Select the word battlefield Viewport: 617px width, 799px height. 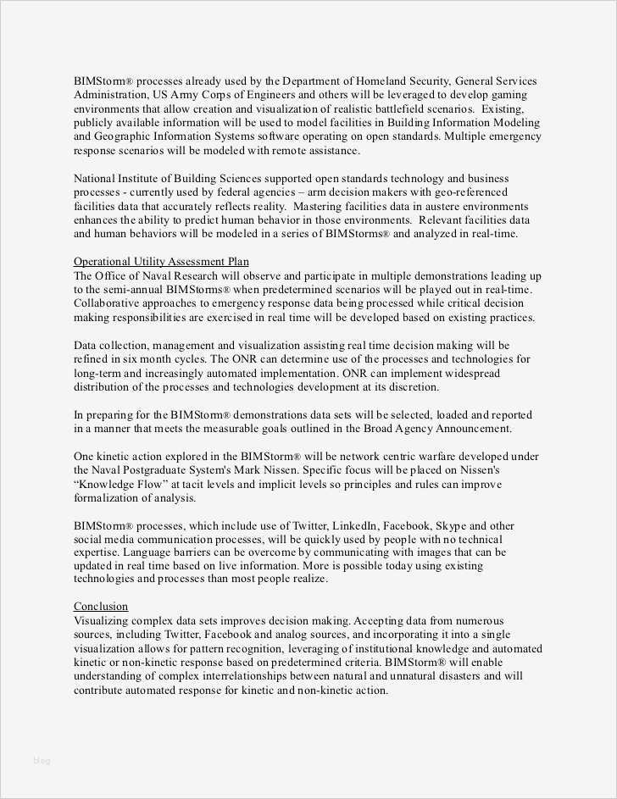pyautogui.click(x=390, y=109)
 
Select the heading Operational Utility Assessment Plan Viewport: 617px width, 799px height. pyautogui.click(x=161, y=262)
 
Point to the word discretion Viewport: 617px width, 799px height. pyautogui.click(x=411, y=386)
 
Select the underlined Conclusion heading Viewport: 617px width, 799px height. pyautogui.click(x=101, y=607)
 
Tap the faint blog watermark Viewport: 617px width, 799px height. pyautogui.click(x=42, y=760)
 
